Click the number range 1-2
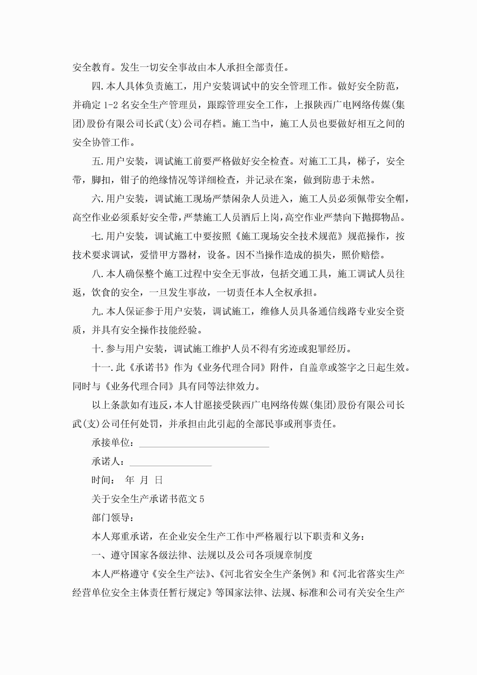[111, 105]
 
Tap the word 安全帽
[390, 199]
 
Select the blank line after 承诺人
[170, 462]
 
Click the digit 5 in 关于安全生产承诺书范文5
[201, 499]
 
